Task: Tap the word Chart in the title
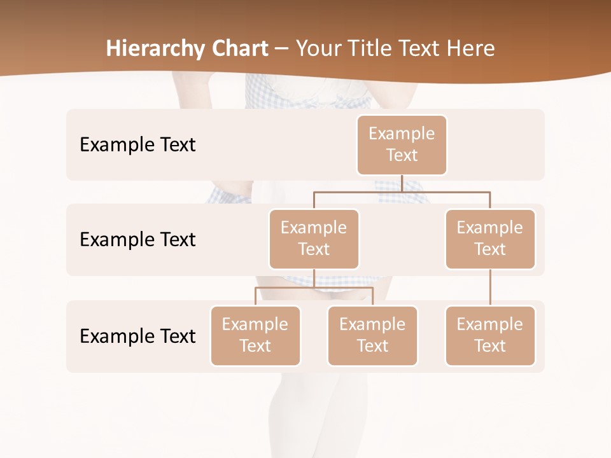(240, 48)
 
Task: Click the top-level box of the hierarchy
(402, 145)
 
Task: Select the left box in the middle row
(314, 239)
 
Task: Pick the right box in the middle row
(490, 239)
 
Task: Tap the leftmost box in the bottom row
(255, 336)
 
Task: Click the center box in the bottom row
(372, 336)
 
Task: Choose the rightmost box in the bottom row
(490, 336)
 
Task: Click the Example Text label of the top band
(137, 145)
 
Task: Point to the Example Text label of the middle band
(137, 240)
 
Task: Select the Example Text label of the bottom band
(137, 336)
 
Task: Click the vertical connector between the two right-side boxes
(490, 288)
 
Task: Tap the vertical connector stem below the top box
(402, 183)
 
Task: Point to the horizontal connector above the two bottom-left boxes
(286, 288)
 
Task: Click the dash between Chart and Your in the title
(281, 49)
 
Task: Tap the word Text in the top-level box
(402, 156)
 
